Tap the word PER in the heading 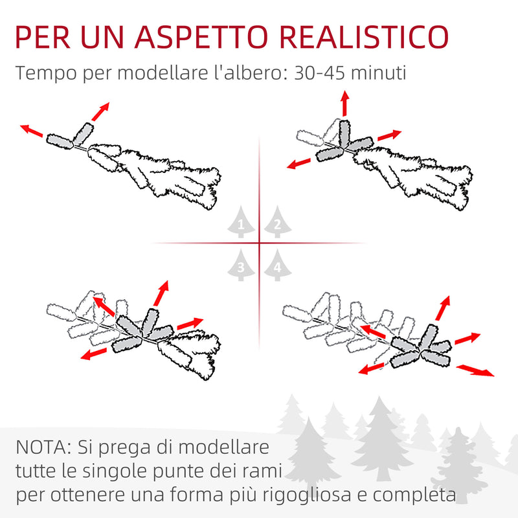tap(49, 38)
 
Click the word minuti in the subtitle tap(381, 73)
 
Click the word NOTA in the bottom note tap(40, 447)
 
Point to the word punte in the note tap(175, 473)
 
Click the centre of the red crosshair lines tap(259, 243)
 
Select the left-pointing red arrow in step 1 tap(31, 131)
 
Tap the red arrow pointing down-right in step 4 tap(475, 370)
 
